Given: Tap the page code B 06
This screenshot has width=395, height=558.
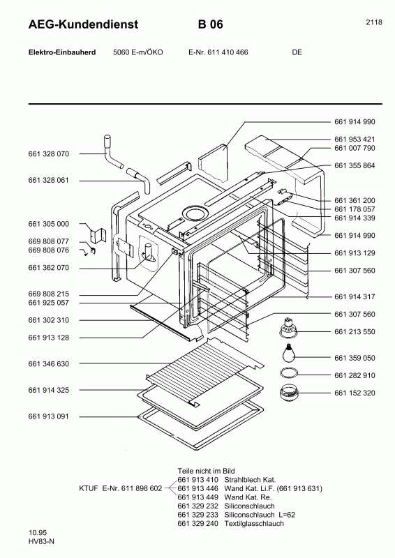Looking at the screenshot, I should click(210, 24).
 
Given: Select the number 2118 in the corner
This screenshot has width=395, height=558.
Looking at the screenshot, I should click(373, 22).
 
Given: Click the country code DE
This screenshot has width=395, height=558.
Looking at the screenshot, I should click(297, 52).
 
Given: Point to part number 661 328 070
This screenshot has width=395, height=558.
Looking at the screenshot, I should click(49, 153).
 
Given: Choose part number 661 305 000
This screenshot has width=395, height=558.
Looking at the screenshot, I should click(49, 224).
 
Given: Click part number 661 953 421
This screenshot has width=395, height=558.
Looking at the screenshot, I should click(355, 139).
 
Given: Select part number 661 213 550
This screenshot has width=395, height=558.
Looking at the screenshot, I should click(355, 332).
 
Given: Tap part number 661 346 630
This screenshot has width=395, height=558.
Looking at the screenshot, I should click(49, 364).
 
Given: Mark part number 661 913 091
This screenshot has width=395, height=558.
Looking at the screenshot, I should click(49, 416).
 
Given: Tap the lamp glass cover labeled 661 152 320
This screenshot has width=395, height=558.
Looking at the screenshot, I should click(288, 393).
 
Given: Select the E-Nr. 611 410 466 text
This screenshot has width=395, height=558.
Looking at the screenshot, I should click(218, 52).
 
